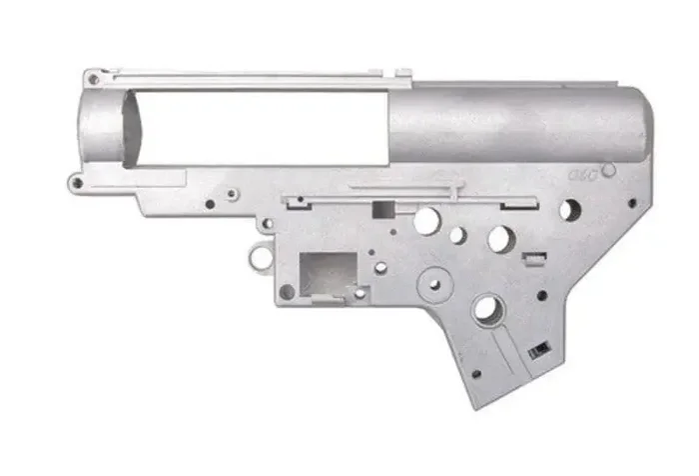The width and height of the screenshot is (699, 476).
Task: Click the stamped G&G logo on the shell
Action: coord(582,173)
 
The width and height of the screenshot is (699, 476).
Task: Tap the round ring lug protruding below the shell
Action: coord(261,257)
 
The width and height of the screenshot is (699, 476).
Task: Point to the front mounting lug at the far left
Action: coord(76,183)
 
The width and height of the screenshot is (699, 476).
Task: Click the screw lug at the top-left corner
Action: coord(91,76)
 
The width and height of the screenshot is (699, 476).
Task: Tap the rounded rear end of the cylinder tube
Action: coord(639,125)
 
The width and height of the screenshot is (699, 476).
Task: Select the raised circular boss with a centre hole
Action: coord(434,281)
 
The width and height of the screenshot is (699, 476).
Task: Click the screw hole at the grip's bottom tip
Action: coord(476,374)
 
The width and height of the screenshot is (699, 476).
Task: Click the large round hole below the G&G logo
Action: coord(569,210)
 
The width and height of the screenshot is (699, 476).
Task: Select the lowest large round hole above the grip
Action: coord(486,309)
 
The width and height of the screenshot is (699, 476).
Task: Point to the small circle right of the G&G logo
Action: coord(608,171)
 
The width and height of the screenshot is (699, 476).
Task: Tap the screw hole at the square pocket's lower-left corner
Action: coord(287,291)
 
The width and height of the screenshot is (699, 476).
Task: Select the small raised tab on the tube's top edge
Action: coord(402,72)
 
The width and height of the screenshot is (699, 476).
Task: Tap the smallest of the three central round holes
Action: coord(456,236)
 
